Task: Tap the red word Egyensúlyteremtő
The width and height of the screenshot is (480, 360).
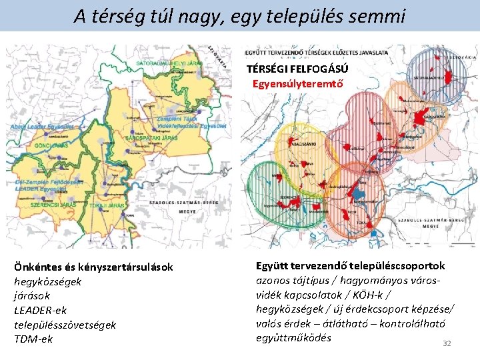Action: (297, 84)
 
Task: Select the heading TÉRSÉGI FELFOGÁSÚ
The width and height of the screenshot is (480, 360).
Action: (297, 69)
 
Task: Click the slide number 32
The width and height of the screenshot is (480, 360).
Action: (447, 343)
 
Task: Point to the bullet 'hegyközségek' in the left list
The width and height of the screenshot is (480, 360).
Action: (48, 281)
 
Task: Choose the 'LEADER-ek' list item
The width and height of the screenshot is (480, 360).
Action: (41, 310)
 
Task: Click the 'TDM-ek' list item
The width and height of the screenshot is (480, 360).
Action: (33, 339)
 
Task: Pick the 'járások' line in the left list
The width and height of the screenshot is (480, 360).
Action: (32, 295)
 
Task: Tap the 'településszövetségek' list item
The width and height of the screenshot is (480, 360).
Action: (65, 324)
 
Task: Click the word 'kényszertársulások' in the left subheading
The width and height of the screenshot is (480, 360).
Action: (124, 267)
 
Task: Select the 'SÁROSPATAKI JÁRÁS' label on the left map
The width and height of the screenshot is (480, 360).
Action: (151, 138)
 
